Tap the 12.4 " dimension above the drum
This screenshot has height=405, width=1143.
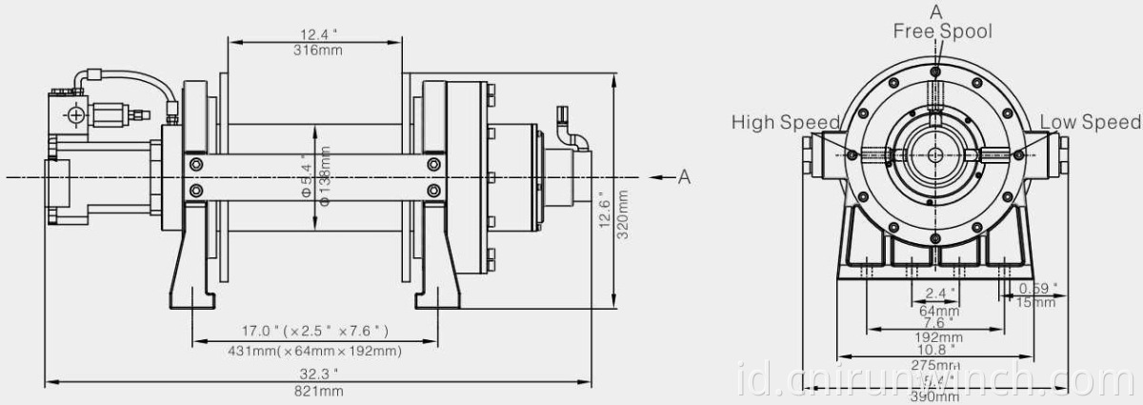point(313,35)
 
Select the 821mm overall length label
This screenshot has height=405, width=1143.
point(319,391)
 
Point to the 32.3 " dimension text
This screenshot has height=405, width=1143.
point(319,375)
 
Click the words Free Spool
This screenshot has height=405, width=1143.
point(941,31)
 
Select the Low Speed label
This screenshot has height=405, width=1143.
point(1090,122)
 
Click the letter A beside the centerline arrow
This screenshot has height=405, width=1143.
point(683,177)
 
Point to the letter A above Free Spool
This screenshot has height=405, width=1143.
point(936,11)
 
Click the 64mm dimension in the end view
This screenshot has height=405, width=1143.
point(938,310)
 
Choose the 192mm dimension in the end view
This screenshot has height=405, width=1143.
point(938,337)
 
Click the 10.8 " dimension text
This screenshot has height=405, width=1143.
point(938,351)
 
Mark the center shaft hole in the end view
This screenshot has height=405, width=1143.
point(936,154)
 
